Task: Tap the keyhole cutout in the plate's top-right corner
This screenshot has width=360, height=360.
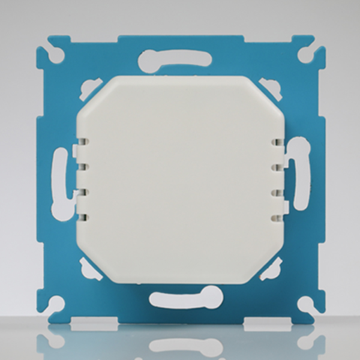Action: coord(304,55)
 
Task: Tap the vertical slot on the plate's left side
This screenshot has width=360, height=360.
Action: coord(61,180)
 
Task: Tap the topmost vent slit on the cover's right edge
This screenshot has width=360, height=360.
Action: coord(277,143)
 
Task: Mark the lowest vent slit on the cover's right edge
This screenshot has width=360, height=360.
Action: coord(277,215)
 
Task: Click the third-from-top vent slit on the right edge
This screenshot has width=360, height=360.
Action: coord(277,192)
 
